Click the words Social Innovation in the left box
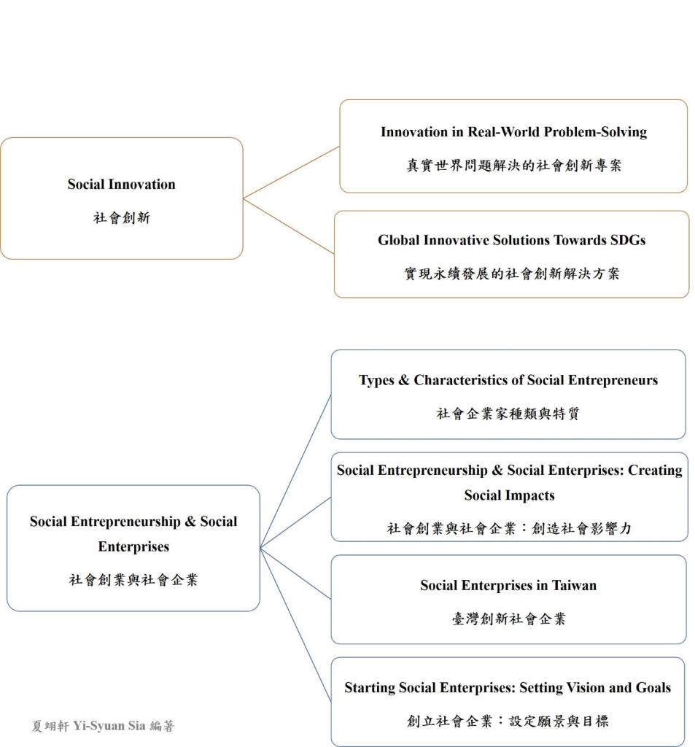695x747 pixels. (122, 185)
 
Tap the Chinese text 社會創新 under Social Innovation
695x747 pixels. (122, 217)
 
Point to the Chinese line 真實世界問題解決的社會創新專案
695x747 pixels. (513, 166)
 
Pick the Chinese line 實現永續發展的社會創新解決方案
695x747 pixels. (512, 274)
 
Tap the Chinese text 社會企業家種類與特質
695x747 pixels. (508, 413)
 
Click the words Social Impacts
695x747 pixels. (509, 495)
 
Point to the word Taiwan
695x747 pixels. (574, 585)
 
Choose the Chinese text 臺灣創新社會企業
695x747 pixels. (508, 619)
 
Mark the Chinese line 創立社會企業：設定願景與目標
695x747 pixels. (508, 721)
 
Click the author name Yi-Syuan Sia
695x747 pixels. (109, 726)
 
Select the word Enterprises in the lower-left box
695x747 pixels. (133, 546)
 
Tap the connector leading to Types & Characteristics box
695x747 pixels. (295, 471)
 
